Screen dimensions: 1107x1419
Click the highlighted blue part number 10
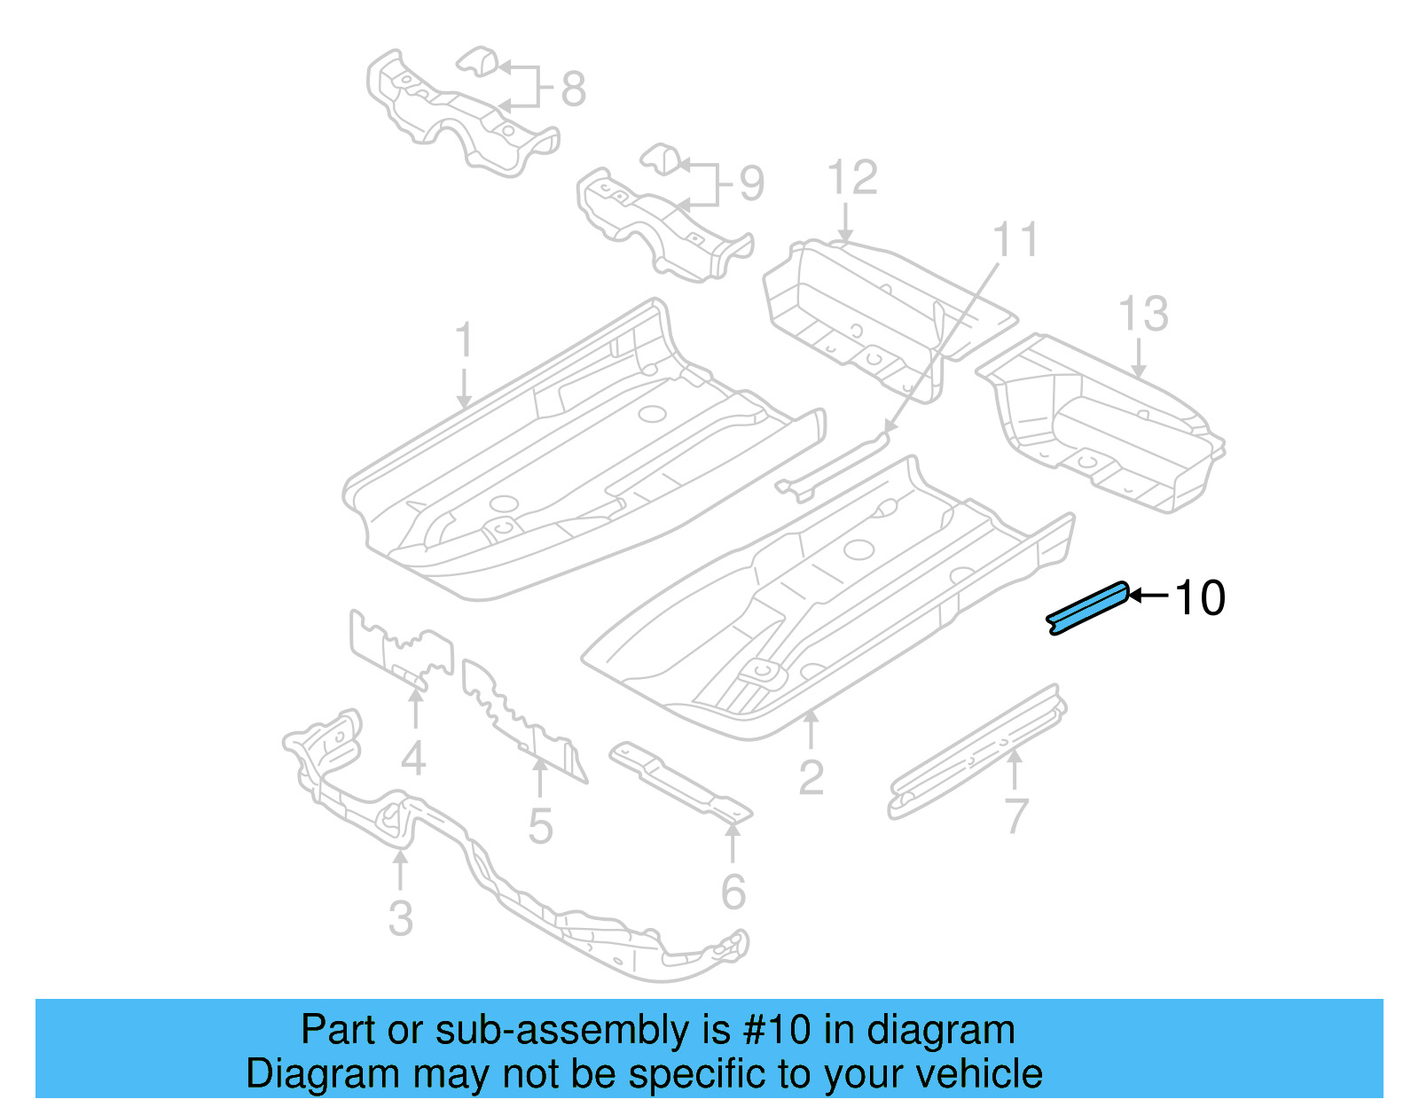[x=1087, y=608]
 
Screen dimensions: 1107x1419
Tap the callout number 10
[x=1200, y=598]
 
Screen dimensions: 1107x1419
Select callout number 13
[x=1143, y=314]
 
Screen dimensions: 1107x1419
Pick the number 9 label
[x=751, y=184]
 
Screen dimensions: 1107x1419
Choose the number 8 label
[x=574, y=90]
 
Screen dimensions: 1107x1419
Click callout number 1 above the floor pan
[x=463, y=341]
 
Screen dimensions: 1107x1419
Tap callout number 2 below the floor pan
[x=811, y=778]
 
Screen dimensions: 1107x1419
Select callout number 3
[x=401, y=919]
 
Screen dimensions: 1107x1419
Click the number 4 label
[x=413, y=759]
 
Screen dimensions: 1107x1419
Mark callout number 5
[x=540, y=826]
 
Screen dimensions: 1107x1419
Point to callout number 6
[x=733, y=892]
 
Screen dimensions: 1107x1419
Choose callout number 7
[x=1016, y=815]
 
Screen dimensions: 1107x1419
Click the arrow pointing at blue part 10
[x=1149, y=596]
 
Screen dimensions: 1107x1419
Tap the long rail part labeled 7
[x=976, y=753]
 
